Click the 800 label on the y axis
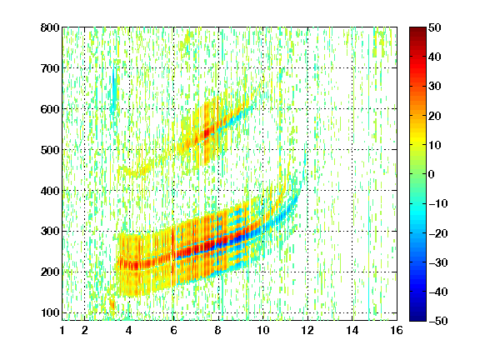click(x=50, y=27)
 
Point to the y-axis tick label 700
click(x=50, y=68)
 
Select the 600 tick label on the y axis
click(x=50, y=109)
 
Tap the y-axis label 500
click(x=50, y=150)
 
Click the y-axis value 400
click(x=50, y=191)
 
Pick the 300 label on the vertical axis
click(x=50, y=231)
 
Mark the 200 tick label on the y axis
click(x=50, y=272)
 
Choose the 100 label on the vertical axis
click(x=51, y=312)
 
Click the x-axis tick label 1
click(x=62, y=331)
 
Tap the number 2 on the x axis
click(x=85, y=331)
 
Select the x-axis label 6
click(x=173, y=331)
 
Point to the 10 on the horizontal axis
click(x=262, y=331)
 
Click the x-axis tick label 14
click(x=352, y=331)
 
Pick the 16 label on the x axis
click(x=397, y=331)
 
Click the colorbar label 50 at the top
click(x=434, y=27)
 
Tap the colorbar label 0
click(x=432, y=174)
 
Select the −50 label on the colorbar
click(x=438, y=321)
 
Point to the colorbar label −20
click(x=438, y=233)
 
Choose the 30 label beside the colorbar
click(x=434, y=86)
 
